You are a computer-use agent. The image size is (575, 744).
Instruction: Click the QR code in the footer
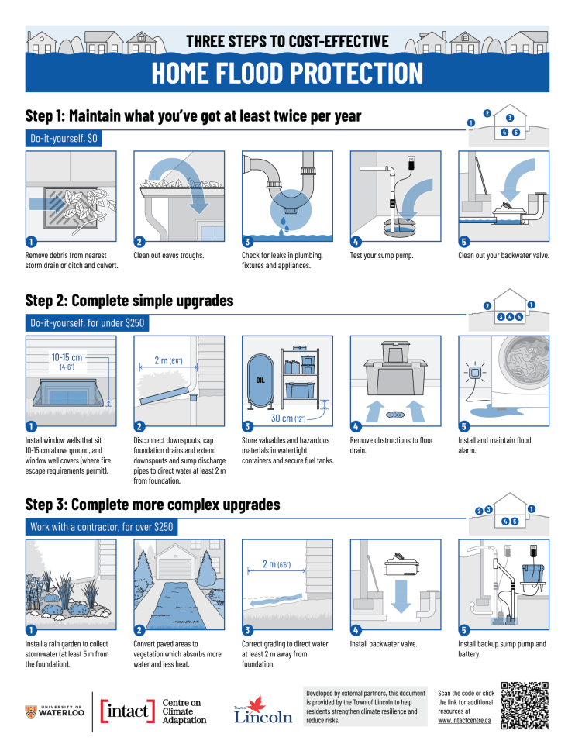coord(525,704)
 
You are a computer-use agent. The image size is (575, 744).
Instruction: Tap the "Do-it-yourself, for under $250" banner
coord(87,322)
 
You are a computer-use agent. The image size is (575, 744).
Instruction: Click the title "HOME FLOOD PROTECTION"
coord(287,73)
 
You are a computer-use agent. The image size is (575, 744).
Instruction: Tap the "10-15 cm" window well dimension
coord(67,359)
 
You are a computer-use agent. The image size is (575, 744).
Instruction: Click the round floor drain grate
coord(395,413)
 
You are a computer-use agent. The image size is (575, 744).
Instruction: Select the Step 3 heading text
coord(153,505)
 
